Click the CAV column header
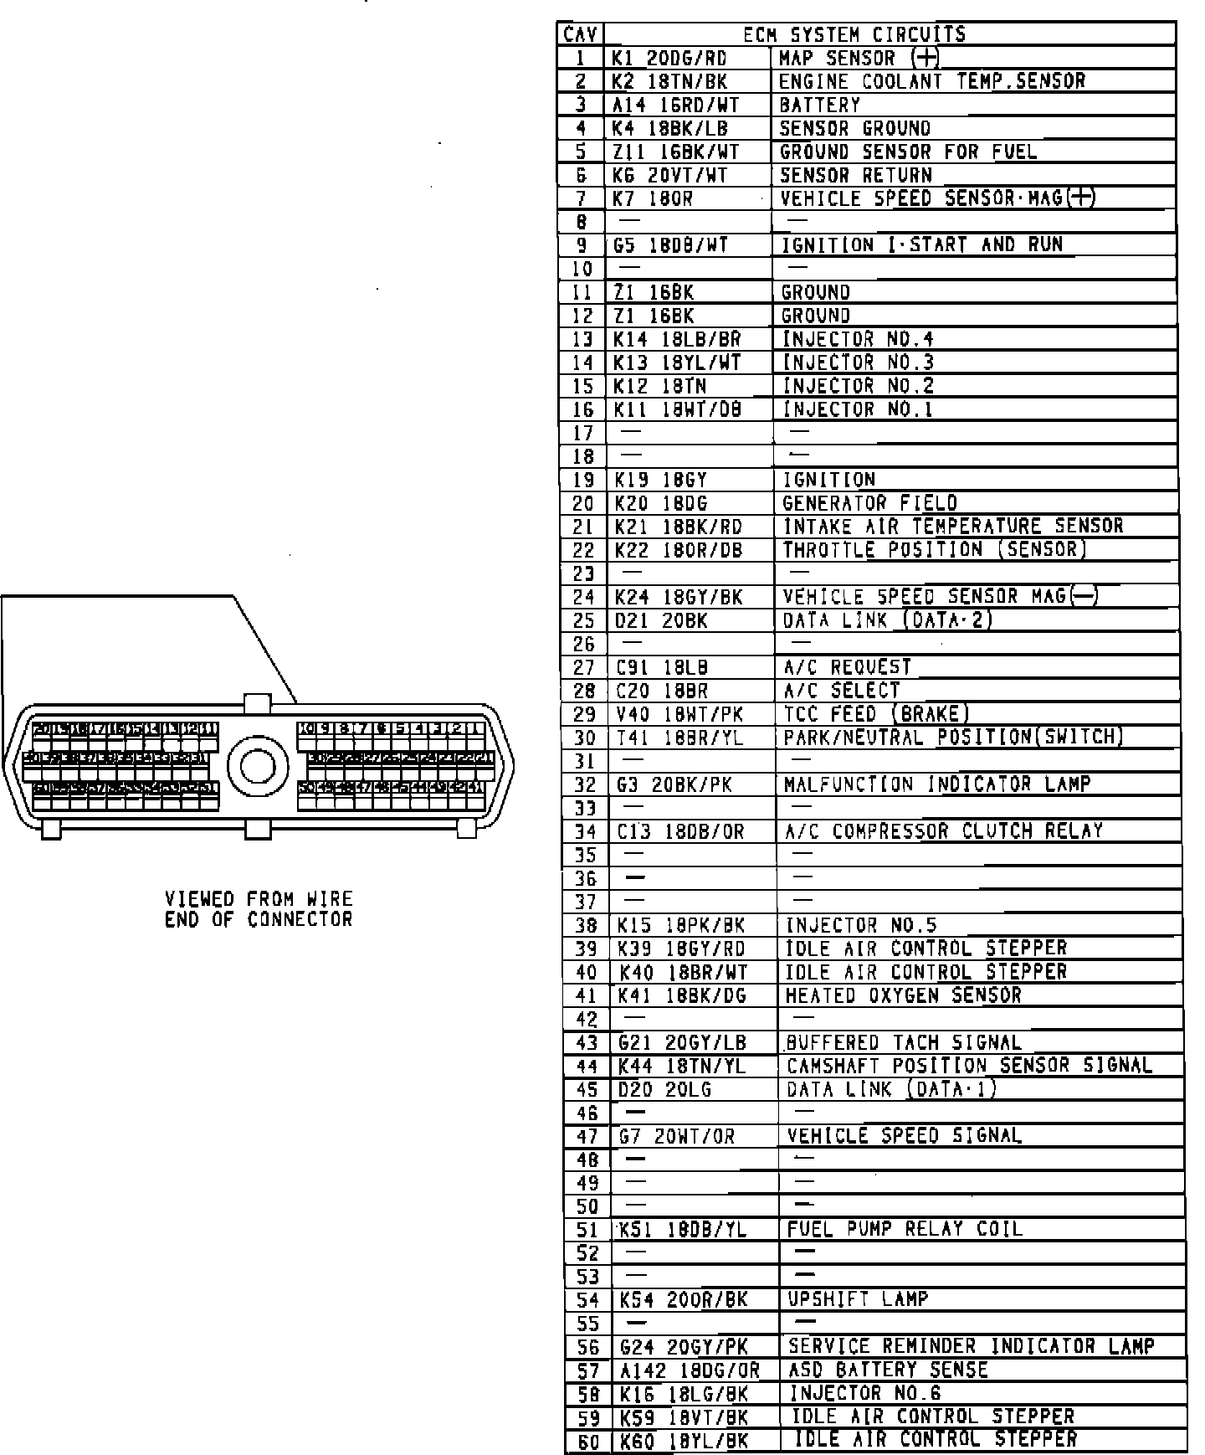coord(580,34)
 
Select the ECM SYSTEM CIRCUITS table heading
coord(854,34)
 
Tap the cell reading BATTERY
coord(819,105)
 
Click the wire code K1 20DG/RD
coord(669,58)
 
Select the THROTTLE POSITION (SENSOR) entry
coord(934,550)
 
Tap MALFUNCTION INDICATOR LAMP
coord(937,784)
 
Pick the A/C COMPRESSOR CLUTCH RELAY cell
coord(943,831)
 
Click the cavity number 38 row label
coord(587,925)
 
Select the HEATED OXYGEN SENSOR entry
coord(903,995)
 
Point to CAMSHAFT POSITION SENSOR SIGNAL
coord(969,1066)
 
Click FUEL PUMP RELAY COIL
coord(905,1229)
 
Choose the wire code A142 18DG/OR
coord(690,1370)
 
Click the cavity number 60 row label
coord(588,1442)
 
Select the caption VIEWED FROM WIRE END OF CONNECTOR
coord(259,909)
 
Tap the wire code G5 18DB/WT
coord(670,245)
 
